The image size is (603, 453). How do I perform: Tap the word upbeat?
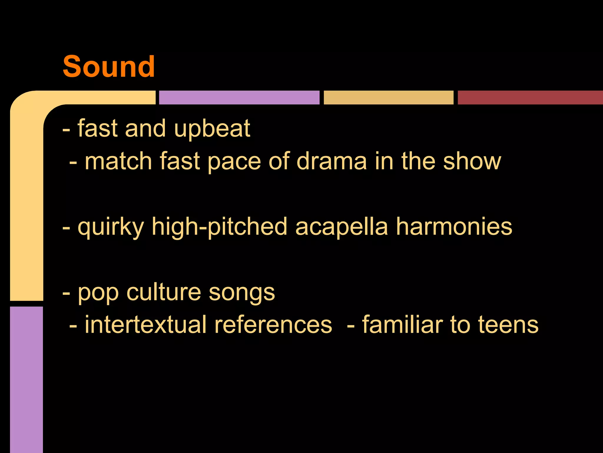(212, 129)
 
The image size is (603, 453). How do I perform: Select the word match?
(118, 161)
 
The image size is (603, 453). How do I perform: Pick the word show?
(472, 161)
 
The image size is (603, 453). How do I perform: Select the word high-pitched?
(219, 227)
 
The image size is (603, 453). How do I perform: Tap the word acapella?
(342, 227)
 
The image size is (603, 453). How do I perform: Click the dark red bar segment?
(530, 98)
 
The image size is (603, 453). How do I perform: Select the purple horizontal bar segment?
(239, 98)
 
